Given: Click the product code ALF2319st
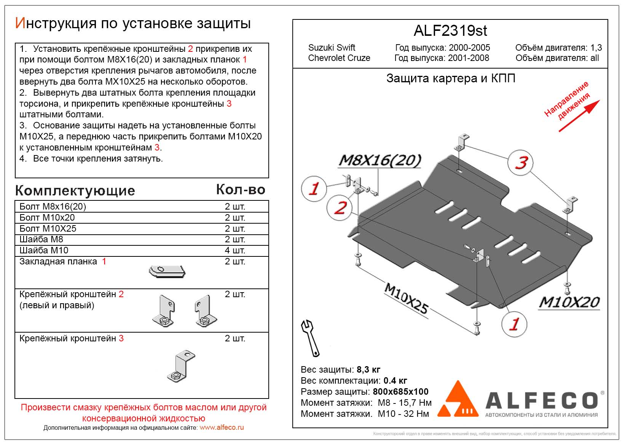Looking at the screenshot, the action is [450, 30].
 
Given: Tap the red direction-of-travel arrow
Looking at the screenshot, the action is [579, 116].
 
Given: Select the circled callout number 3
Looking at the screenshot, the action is [520, 163].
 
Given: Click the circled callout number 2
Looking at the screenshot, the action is [339, 208].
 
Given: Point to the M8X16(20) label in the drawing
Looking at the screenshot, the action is [379, 160].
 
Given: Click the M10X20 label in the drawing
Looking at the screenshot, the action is [569, 302].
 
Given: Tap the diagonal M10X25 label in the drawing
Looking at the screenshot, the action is [406, 298].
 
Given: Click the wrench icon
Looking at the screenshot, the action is [310, 338].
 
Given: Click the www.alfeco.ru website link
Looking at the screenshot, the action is [222, 427].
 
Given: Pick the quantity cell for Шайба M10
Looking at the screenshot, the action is [235, 250].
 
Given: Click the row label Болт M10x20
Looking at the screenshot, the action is [47, 217].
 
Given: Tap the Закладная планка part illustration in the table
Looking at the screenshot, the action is [167, 271].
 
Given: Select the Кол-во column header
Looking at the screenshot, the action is [241, 190].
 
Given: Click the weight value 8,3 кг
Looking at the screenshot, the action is [368, 370].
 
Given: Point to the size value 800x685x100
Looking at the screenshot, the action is [400, 392].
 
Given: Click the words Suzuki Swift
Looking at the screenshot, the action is [332, 48].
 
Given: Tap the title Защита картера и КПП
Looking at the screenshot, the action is [451, 78].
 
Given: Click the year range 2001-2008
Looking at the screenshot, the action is [469, 58].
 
